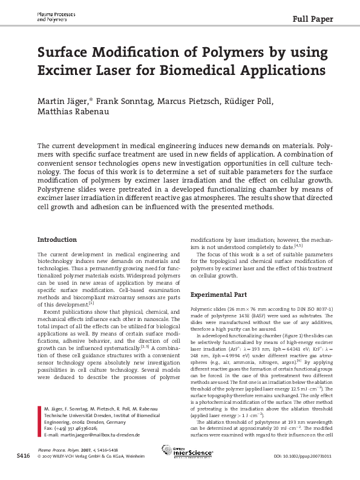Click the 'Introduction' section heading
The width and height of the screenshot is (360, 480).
click(x=57, y=239)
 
